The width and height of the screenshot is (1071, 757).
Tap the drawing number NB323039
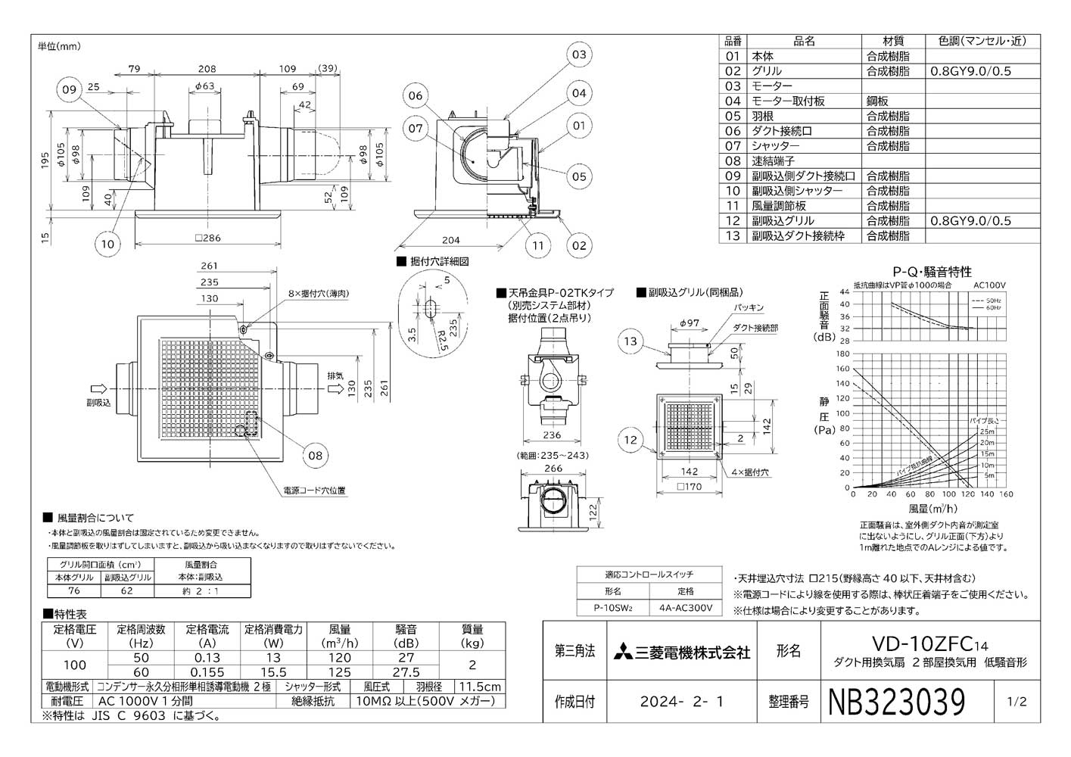898,702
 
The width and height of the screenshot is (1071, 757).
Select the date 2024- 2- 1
680,702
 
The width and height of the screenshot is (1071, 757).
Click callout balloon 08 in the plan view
315,455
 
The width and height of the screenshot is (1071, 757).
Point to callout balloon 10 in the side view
107,243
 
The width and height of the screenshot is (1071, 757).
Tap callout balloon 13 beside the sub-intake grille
630,341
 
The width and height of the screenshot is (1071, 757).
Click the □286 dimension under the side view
207,238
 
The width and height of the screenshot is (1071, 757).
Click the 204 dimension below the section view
450,240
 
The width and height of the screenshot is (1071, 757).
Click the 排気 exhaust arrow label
336,376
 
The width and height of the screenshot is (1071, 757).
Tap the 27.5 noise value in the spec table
406,672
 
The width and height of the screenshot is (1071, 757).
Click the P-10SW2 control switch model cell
613,607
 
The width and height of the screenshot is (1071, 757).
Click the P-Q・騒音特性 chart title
932,272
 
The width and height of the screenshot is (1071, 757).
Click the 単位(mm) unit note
59,47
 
